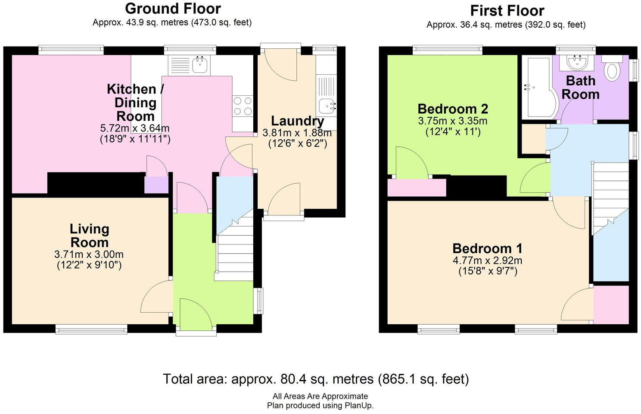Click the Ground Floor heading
[173, 9]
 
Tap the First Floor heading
[507, 11]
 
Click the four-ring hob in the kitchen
[243, 106]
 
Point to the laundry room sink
[327, 106]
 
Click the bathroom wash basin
[577, 63]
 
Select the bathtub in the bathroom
[539, 88]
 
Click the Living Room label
[89, 236]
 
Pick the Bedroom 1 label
[487, 248]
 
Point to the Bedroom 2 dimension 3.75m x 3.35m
[453, 121]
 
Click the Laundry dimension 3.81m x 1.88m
[297, 133]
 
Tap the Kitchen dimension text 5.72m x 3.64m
[135, 128]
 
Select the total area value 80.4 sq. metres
[327, 379]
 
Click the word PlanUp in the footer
[359, 406]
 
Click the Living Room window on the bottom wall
[91, 329]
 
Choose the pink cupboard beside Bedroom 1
[611, 304]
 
